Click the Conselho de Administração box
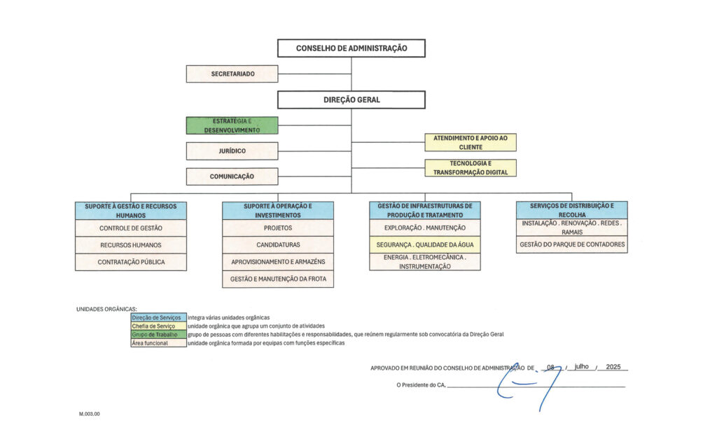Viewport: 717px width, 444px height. (x=351, y=48)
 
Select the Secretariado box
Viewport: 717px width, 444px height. (x=232, y=74)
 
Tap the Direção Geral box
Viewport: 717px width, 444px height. (x=351, y=99)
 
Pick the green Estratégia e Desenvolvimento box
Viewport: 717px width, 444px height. (x=232, y=125)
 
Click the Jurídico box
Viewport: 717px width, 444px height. (x=232, y=151)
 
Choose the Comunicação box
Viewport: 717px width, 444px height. (x=232, y=176)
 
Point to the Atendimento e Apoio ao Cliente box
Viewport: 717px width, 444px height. (x=471, y=143)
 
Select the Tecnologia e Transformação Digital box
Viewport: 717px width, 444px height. (x=471, y=167)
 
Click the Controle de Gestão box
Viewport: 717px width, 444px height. (x=131, y=228)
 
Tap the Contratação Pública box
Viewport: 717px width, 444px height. (x=131, y=262)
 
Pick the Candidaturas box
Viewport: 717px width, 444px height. (x=278, y=245)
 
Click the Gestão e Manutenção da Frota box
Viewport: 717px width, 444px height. (x=278, y=279)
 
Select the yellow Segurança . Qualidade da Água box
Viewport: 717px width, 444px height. (x=425, y=245)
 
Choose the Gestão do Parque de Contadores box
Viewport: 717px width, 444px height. (x=572, y=245)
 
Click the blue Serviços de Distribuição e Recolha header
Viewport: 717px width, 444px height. (x=572, y=210)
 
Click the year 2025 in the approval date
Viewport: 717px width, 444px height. (x=613, y=367)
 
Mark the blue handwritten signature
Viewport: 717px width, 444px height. (x=529, y=385)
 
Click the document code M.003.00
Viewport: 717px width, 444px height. (x=90, y=415)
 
